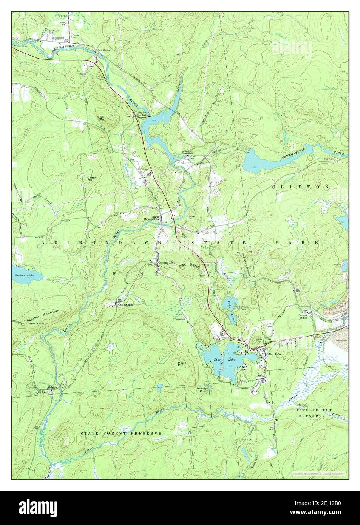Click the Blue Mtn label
pyautogui.click(x=101, y=118)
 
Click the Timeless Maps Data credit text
pyautogui.click(x=317, y=473)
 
